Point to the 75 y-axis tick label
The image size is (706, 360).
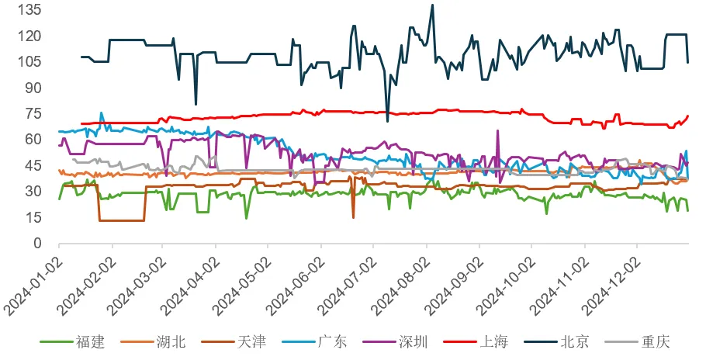point(32,113)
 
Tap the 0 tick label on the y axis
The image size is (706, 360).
point(36,243)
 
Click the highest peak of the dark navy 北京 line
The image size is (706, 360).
point(432,5)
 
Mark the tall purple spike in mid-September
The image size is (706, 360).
point(497,131)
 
